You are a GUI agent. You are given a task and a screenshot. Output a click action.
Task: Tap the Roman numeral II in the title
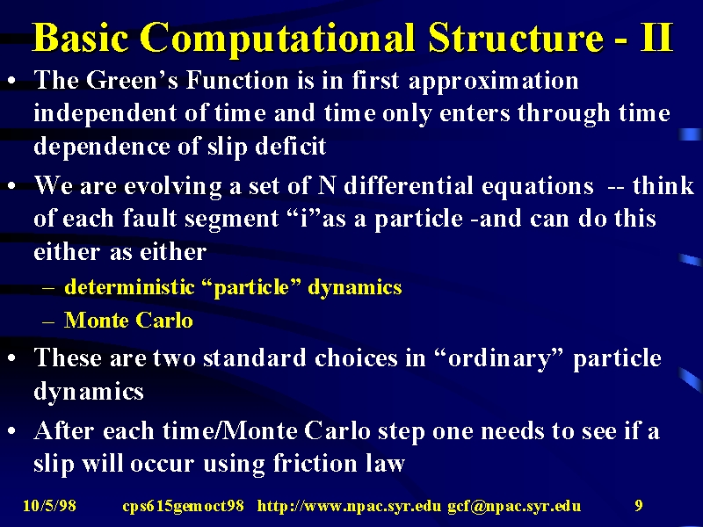(x=656, y=37)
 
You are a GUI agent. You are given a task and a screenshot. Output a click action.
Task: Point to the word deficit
(x=291, y=146)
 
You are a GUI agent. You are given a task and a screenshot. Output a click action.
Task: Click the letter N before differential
(x=326, y=185)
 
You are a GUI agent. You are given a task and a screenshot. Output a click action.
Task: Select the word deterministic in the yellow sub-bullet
(x=129, y=287)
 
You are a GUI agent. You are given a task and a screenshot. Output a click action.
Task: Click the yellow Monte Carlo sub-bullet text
(x=128, y=320)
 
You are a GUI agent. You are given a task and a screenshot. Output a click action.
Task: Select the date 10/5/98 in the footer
(x=49, y=506)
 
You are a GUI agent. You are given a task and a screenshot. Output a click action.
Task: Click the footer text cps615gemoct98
(x=184, y=507)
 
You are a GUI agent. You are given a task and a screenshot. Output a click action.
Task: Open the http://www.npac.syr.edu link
(x=349, y=507)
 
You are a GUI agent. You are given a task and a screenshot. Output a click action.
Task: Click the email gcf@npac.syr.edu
(x=514, y=507)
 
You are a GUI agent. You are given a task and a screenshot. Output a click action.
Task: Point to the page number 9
(x=639, y=506)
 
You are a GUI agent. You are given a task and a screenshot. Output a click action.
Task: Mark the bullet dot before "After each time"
(x=12, y=431)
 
